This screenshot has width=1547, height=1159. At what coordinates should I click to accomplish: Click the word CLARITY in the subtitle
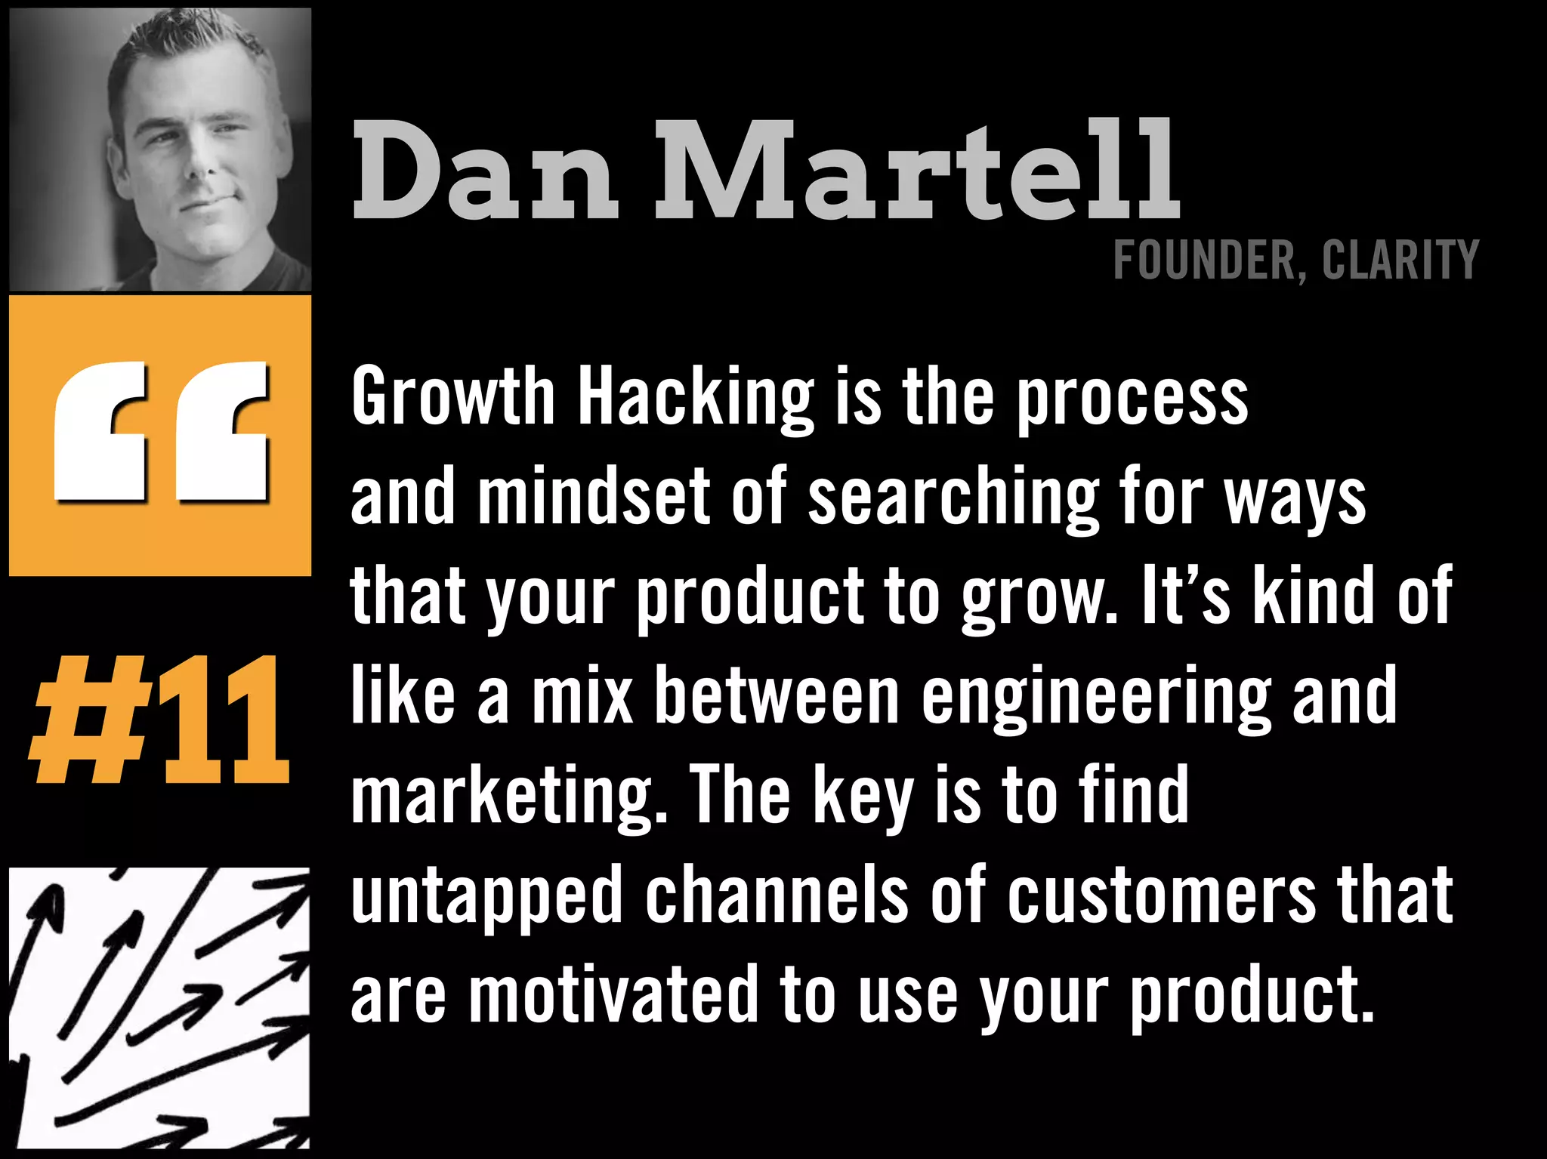(x=1400, y=260)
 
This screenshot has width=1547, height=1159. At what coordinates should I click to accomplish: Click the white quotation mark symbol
(x=161, y=431)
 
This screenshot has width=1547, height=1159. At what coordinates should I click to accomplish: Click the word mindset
(x=594, y=496)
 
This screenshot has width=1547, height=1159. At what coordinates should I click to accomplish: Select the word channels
(x=777, y=895)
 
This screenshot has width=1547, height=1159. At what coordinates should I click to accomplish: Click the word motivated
(x=614, y=996)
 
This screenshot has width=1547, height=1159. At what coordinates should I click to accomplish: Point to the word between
(x=777, y=696)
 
